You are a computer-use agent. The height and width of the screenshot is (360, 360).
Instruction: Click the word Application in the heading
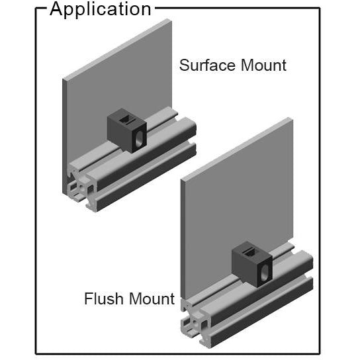click(x=101, y=10)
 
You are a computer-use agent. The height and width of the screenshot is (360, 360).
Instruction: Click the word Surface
click(x=207, y=66)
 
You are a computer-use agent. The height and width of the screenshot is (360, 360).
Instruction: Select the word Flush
click(x=103, y=298)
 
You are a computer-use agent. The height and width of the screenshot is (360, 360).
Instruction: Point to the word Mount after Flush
click(x=152, y=298)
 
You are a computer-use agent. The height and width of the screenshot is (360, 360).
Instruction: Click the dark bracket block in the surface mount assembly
click(x=127, y=130)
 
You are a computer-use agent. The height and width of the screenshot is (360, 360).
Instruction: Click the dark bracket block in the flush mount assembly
click(x=252, y=264)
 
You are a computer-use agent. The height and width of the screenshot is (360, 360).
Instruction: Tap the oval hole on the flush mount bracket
click(x=264, y=273)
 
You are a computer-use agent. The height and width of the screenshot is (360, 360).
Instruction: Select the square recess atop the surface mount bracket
click(x=125, y=119)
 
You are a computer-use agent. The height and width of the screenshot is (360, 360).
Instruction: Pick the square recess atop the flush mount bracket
click(x=249, y=253)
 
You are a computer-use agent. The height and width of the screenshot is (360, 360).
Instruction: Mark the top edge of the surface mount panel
click(x=117, y=50)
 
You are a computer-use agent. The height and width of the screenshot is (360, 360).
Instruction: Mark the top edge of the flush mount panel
click(x=237, y=148)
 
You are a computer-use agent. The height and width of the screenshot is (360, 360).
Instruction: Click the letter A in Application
click(x=56, y=9)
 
